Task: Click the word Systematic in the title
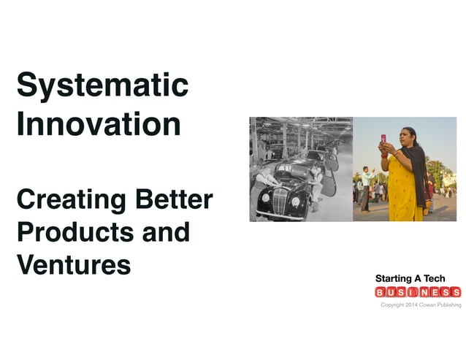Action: [x=102, y=86]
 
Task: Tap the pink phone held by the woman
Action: [x=382, y=138]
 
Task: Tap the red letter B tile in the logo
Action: [x=381, y=293]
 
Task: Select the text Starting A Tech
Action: [x=410, y=279]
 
